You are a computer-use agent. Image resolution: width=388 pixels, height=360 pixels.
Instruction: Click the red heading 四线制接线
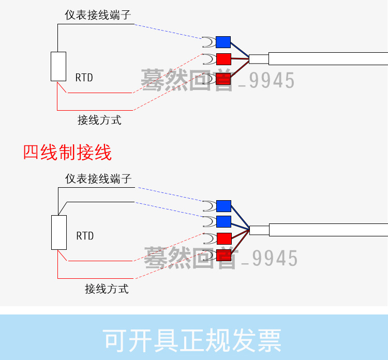[x=67, y=153]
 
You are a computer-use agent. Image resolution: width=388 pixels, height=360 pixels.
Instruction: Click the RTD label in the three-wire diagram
[x=84, y=78]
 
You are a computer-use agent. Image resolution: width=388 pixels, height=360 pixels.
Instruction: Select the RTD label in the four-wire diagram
[x=85, y=236]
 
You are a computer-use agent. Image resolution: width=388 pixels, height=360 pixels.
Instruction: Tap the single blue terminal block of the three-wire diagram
[x=223, y=42]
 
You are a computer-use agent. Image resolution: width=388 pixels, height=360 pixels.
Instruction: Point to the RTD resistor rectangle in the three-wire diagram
[x=58, y=66]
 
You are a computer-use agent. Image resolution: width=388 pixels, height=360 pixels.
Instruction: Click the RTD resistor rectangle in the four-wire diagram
[x=59, y=233]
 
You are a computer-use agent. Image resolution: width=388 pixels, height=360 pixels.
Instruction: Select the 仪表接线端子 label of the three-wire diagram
[x=98, y=15]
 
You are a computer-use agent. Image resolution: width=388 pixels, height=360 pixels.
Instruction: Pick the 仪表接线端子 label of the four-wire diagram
[x=98, y=179]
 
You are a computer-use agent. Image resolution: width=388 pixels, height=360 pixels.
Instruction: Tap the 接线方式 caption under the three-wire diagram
[x=99, y=120]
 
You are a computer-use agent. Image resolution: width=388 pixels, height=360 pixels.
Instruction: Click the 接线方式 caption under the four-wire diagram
[x=107, y=289]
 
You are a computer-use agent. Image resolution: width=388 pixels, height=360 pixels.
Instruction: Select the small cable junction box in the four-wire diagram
[x=259, y=230]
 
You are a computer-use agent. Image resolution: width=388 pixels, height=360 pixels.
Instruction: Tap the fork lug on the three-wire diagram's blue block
[x=208, y=42]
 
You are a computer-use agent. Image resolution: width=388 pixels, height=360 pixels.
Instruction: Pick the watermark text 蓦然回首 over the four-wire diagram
[x=190, y=257]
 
